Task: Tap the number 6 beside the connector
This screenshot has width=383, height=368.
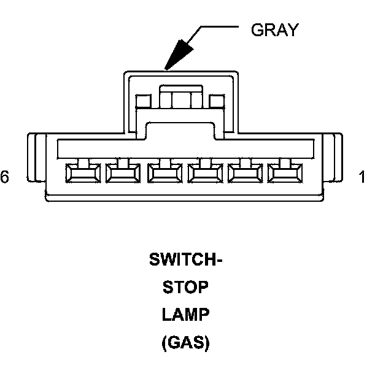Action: (5, 177)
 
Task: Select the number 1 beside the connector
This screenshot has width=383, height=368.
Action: (362, 177)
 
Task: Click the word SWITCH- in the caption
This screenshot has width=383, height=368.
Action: (186, 260)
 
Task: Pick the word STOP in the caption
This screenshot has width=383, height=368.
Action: (186, 288)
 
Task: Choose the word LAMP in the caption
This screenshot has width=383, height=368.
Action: (186, 315)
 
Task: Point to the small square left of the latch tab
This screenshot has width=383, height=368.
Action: (144, 101)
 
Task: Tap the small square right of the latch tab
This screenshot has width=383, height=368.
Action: (217, 101)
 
